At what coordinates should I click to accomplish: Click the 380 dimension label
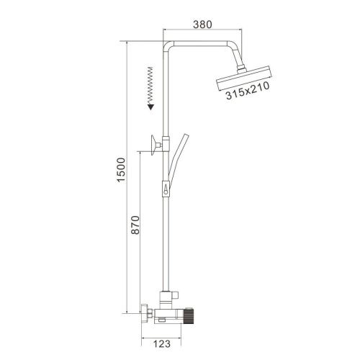click(x=203, y=24)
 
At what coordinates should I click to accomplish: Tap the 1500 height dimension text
click(x=121, y=170)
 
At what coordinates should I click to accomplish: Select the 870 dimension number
click(x=135, y=225)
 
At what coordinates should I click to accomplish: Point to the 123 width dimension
click(x=162, y=343)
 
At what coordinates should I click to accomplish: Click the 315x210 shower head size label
click(x=248, y=91)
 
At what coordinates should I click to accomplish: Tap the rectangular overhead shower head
click(x=244, y=78)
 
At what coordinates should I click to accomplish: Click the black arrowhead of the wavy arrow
click(x=150, y=107)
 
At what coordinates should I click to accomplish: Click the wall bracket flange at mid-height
click(x=153, y=145)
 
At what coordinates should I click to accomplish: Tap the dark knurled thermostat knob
click(x=189, y=318)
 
